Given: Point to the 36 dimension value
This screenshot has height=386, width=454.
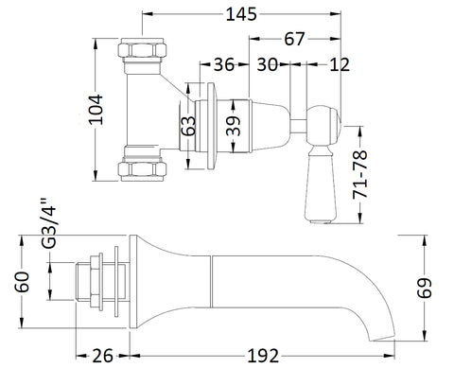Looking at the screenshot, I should click(224, 64).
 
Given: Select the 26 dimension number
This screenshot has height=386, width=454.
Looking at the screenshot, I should click(102, 357).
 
